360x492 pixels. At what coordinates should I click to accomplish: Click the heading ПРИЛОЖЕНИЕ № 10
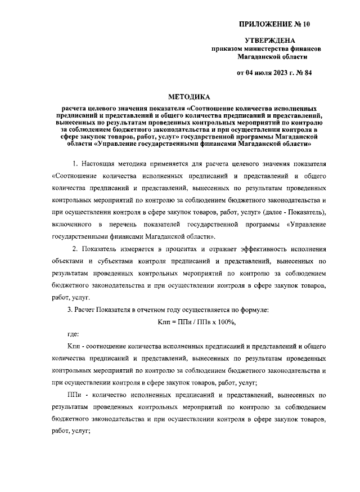pyautogui.click(x=274, y=24)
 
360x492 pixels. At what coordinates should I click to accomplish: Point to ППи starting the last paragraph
pyautogui.click(x=74, y=396)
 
